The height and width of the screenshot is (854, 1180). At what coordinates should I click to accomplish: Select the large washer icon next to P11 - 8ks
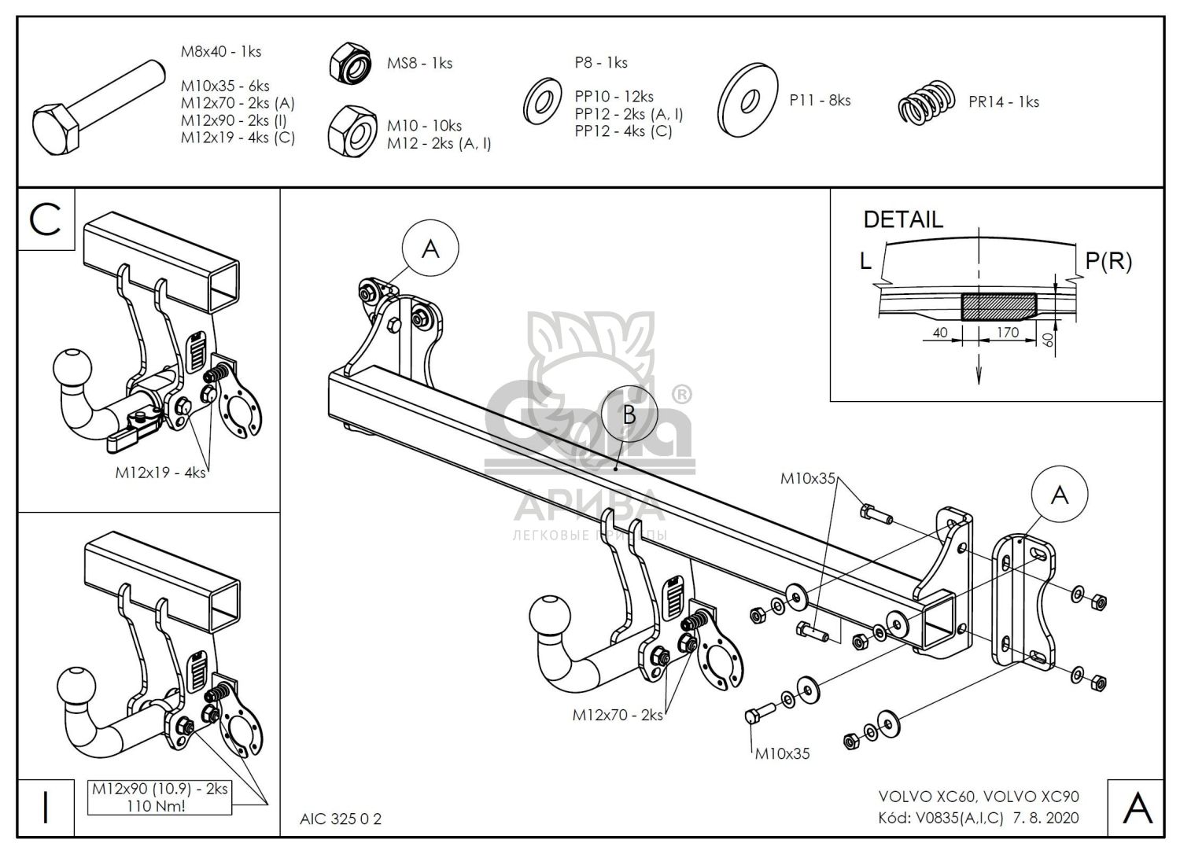747,100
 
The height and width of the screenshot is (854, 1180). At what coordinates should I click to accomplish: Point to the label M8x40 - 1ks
221,52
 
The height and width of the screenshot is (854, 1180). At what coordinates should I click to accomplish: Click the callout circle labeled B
628,414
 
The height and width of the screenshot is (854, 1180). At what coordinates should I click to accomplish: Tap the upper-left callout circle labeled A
430,248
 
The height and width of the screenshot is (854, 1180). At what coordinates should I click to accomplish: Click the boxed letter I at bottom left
46,808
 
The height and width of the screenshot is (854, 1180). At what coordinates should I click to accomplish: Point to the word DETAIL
902,219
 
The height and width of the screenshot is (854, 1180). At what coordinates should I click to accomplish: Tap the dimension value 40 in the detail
939,333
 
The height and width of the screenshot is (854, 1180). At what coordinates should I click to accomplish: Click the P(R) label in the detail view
1108,261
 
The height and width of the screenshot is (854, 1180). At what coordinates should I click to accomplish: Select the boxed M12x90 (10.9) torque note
160,797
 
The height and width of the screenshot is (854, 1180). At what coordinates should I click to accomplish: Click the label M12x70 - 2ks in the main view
618,715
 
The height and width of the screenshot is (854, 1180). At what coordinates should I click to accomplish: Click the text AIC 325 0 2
341,819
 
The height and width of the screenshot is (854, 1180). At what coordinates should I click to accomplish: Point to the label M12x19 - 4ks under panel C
160,473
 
